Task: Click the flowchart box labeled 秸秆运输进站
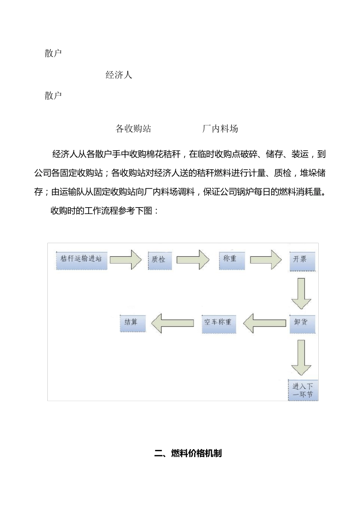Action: click(81, 260)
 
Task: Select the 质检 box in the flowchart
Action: click(159, 260)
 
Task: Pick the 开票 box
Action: click(302, 261)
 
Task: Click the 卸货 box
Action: click(302, 323)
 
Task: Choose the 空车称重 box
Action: click(219, 323)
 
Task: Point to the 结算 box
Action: click(133, 323)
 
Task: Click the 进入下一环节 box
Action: click(303, 390)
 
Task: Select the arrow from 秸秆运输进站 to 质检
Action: click(126, 260)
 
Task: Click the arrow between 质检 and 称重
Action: click(193, 260)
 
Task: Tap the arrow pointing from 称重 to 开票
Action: click(266, 260)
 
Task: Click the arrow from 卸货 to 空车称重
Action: click(265, 323)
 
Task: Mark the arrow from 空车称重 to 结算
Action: click(172, 323)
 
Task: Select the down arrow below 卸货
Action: click(301, 357)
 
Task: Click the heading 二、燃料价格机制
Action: click(188, 453)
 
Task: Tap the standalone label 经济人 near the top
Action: click(119, 75)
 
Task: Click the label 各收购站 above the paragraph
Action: click(133, 129)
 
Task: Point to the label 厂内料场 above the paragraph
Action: click(220, 129)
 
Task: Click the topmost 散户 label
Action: click(53, 53)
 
